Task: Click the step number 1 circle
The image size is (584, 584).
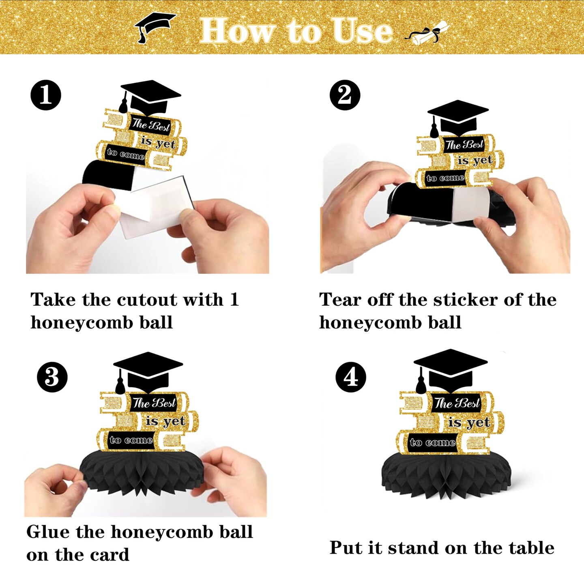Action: point(46,95)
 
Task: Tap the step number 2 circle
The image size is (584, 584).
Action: point(345,95)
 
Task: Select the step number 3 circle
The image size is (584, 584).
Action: point(52,377)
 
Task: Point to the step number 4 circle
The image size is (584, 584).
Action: point(351,377)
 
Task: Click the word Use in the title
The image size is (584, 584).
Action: point(362,30)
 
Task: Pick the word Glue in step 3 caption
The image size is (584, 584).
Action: point(48,532)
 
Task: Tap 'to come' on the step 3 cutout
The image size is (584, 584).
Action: point(131,440)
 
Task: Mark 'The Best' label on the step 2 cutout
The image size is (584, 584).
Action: point(464,144)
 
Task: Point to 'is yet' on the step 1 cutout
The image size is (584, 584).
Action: point(158,142)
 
